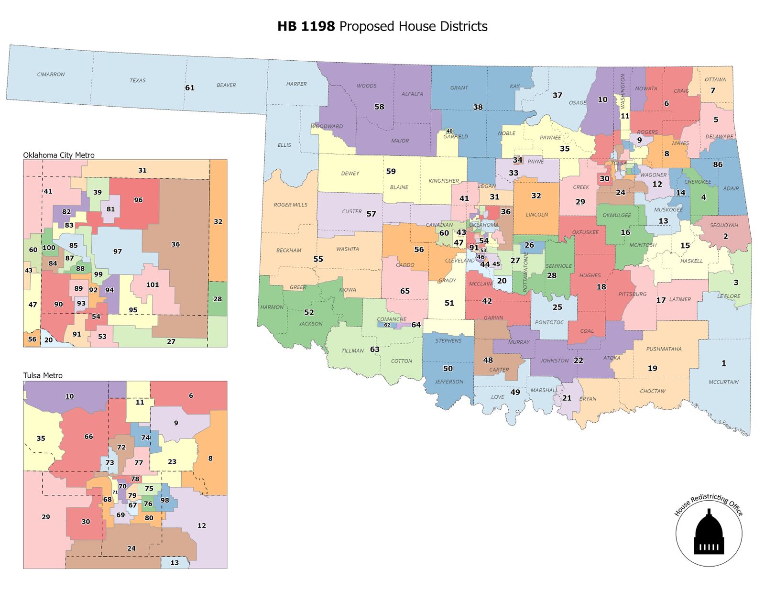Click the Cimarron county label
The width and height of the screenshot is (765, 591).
[51, 75]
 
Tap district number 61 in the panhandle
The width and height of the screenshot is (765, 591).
[190, 88]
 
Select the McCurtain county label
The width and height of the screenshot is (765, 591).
[723, 382]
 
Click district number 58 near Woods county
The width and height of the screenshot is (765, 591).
[379, 107]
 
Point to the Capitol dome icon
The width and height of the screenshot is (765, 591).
[709, 534]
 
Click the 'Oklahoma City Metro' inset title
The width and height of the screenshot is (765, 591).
[59, 155]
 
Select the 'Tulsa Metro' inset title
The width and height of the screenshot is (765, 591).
[43, 375]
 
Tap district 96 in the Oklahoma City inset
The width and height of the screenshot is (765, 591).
[138, 200]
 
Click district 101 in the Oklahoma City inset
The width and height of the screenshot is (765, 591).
[153, 285]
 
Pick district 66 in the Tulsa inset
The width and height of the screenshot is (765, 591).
[88, 437]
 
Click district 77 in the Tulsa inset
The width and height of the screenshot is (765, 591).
[139, 463]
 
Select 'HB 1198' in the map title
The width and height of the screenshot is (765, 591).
[306, 26]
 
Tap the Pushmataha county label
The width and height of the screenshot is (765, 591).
[664, 349]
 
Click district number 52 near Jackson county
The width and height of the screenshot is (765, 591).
[309, 313]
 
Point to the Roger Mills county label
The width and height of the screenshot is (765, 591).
[290, 205]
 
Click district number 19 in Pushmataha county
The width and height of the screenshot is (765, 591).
[652, 369]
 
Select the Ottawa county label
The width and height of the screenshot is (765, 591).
[715, 79]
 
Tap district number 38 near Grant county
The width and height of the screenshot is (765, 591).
[478, 108]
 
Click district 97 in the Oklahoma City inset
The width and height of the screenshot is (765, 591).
[118, 252]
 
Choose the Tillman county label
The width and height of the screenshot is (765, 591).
[352, 351]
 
